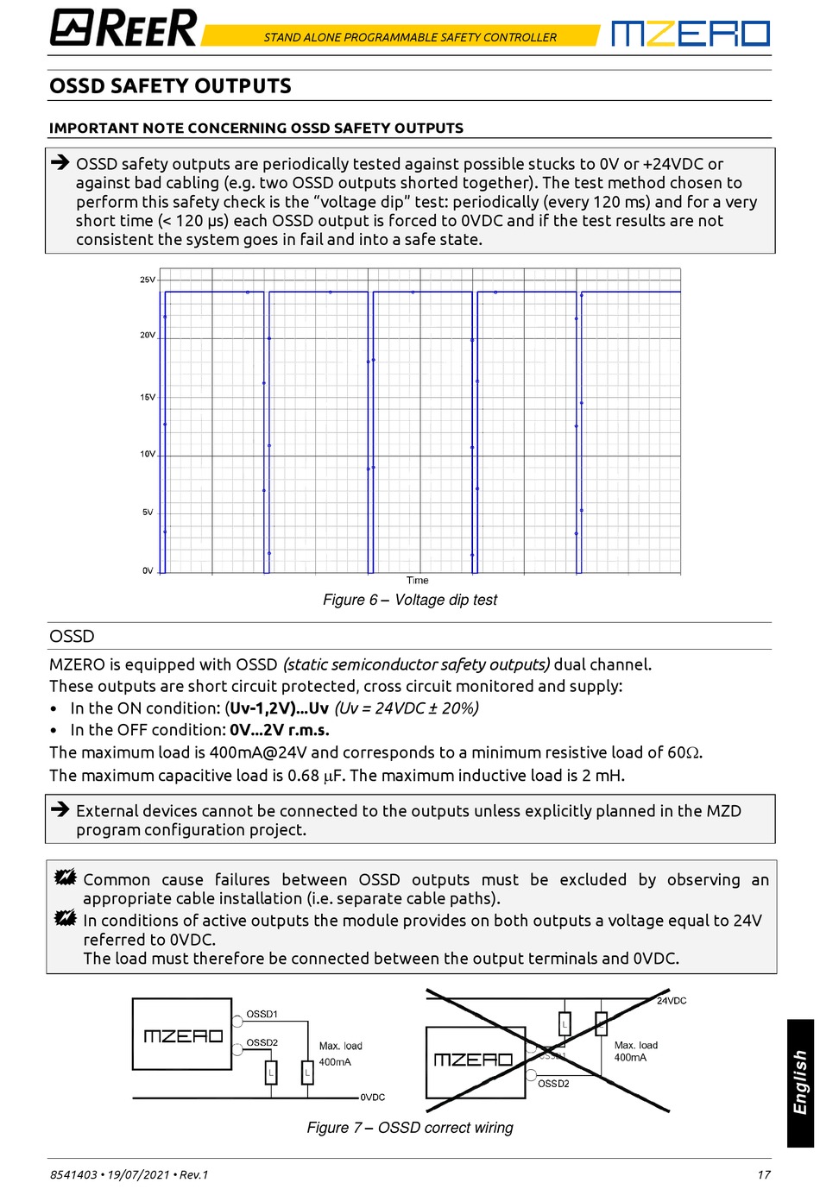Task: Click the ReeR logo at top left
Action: click(x=123, y=28)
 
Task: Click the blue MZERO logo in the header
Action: click(x=690, y=34)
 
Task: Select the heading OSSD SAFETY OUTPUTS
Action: click(x=170, y=86)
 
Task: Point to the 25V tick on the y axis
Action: click(x=148, y=280)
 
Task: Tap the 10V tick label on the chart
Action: click(x=148, y=454)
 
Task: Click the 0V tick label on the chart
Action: click(x=148, y=570)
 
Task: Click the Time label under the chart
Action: click(x=417, y=581)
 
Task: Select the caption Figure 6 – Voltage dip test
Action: click(x=410, y=600)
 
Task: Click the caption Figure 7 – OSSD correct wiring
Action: click(x=410, y=1128)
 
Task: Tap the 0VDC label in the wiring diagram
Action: click(x=373, y=1098)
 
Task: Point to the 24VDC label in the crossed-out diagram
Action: click(x=672, y=1001)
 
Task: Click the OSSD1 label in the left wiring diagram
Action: click(x=262, y=1015)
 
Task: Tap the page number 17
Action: click(x=763, y=1174)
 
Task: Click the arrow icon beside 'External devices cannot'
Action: click(x=60, y=809)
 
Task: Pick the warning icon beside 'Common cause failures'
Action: click(x=65, y=878)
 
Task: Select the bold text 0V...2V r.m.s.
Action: click(x=280, y=730)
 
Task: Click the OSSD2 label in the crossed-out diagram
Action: click(x=553, y=1084)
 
